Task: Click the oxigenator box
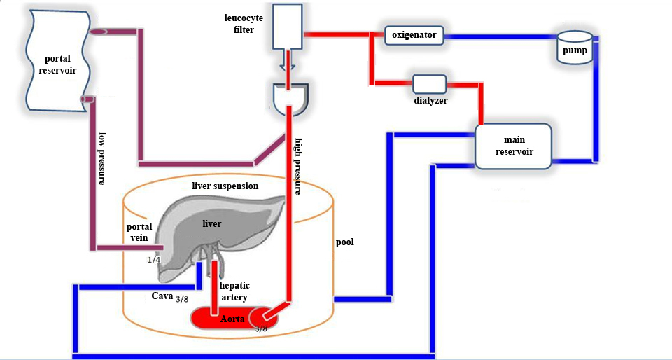click(x=414, y=34)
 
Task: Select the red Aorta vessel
click(x=231, y=318)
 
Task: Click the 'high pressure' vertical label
click(x=298, y=165)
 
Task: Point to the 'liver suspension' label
click(x=225, y=186)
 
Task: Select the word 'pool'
click(x=344, y=242)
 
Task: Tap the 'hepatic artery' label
click(x=234, y=291)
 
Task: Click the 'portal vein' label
click(x=139, y=232)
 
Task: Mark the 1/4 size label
click(x=155, y=260)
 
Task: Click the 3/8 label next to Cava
click(x=182, y=299)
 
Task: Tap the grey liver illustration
click(x=210, y=224)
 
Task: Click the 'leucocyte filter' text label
click(x=239, y=24)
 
